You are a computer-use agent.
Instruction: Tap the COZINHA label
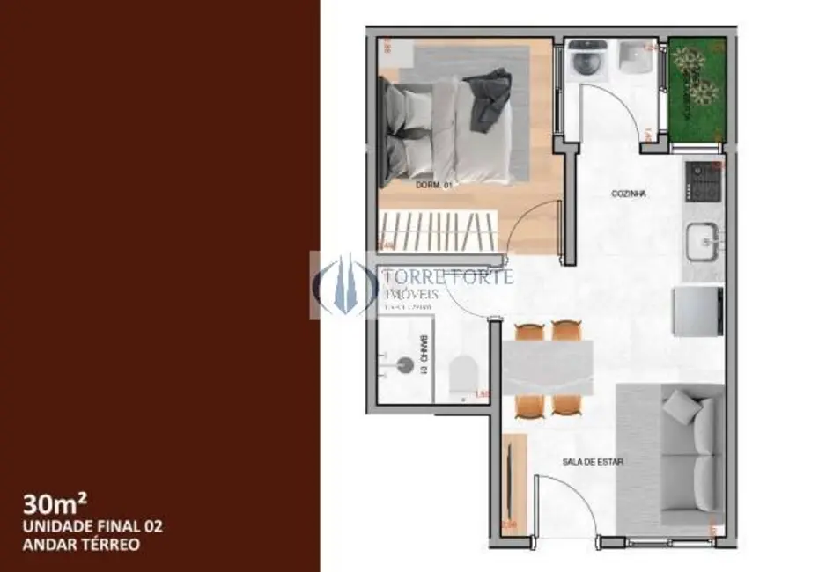pos(629,194)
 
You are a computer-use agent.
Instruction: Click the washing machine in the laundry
pos(585,62)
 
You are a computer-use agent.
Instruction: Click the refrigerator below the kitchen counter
pos(698,312)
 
